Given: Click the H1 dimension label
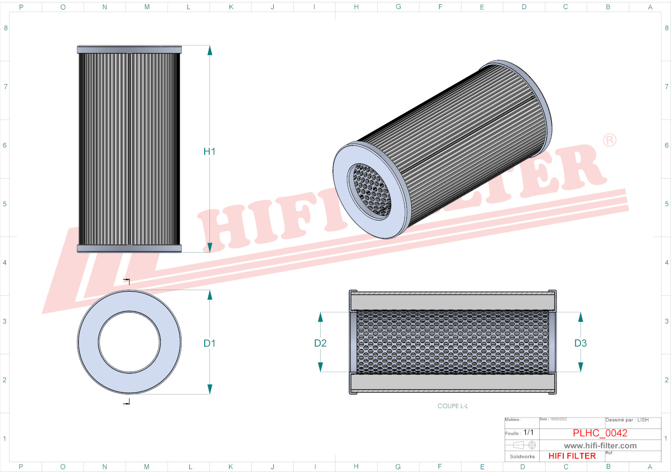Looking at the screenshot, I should tap(209, 151).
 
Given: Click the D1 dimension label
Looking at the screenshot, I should tap(209, 343).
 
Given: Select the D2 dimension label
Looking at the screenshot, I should tap(320, 343).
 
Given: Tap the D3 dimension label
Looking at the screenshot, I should tap(580, 343).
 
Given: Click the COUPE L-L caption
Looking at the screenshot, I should tap(452, 406).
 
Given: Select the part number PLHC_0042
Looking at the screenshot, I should tap(600, 433).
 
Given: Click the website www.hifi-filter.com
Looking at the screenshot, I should tap(600, 446).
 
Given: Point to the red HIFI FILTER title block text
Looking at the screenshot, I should tap(572, 456).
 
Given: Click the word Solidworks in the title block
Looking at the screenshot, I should tap(522, 457).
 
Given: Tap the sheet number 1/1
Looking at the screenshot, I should tap(528, 432).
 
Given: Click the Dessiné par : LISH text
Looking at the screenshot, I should tap(627, 420).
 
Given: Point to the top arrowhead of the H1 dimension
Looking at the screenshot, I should tap(209, 50).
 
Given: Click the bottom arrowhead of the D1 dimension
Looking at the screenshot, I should tap(209, 389).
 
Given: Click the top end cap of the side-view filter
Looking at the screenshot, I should tap(129, 49).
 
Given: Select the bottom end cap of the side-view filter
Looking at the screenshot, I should tap(129, 248).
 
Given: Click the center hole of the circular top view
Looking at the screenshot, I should tap(129, 342).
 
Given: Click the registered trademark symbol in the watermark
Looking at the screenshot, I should tap(609, 140).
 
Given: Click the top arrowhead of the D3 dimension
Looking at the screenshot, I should tap(580, 317).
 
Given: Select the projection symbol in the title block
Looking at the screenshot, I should tap(524, 445).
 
